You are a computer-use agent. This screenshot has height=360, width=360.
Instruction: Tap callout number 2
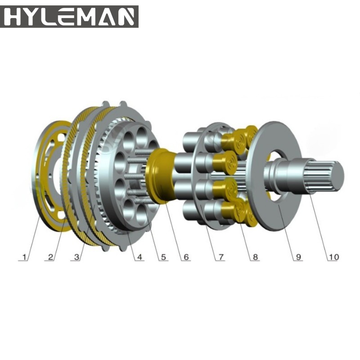pos(50,257)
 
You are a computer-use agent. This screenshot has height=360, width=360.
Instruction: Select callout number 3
pos(76,257)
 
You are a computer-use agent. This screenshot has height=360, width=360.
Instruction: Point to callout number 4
pos(139,257)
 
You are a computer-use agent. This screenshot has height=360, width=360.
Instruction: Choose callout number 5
pos(163,257)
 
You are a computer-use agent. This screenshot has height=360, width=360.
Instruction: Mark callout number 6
pos(186,257)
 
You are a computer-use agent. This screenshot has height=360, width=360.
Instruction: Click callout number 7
pos(220,257)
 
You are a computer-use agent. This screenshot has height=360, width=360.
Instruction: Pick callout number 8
pos(255,257)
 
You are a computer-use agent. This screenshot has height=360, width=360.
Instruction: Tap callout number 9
pos(298,257)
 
